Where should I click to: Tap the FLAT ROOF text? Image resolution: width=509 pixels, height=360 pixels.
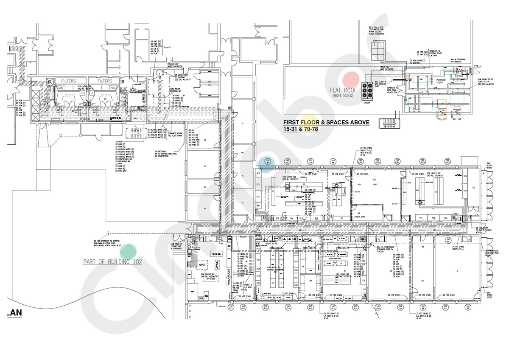tap(343, 90)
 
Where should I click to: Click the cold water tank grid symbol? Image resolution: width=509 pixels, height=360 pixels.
tap(378, 50)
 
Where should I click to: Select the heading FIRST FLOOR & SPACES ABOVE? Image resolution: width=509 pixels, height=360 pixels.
tap(326, 123)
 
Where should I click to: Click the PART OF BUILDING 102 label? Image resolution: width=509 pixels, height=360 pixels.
tap(112, 262)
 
